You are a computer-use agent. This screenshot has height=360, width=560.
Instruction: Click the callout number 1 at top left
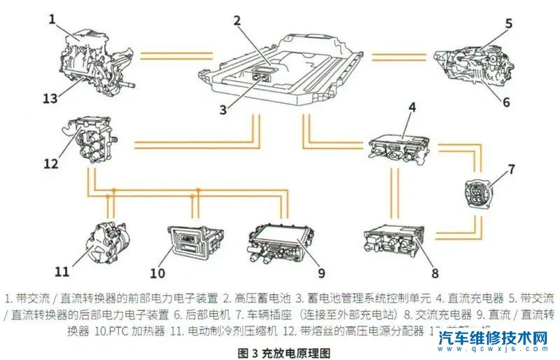point(52,19)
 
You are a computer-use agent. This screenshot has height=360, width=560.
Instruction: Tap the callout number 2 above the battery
point(237,20)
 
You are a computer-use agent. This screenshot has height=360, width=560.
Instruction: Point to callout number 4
point(412,107)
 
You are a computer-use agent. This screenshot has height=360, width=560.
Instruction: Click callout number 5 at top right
point(508,22)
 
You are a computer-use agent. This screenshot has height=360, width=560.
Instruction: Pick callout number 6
point(505,101)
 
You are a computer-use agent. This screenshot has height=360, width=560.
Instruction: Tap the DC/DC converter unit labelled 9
point(279,242)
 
